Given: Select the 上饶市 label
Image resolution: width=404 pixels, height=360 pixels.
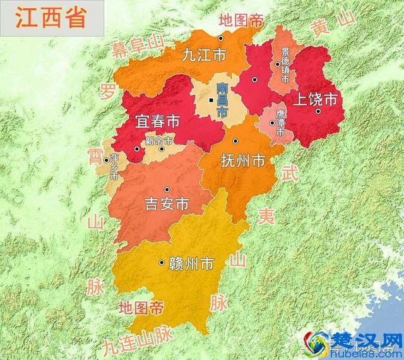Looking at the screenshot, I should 315,99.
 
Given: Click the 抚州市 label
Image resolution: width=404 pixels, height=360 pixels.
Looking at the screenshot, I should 243,161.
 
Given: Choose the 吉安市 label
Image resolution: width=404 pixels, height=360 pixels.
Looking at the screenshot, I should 167,205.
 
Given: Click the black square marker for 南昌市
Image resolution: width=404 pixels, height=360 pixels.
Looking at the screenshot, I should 212,100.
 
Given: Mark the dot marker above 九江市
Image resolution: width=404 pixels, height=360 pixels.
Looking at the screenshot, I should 220,39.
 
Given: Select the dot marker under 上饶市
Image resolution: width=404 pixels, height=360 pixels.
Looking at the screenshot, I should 319,111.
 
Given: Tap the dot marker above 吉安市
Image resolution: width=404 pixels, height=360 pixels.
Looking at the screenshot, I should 167,189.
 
